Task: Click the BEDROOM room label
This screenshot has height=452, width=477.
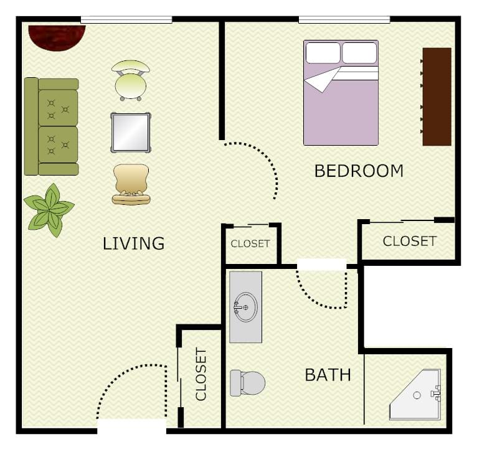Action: coord(359,171)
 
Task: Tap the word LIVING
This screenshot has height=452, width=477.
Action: coord(133,243)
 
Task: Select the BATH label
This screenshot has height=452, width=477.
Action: coord(328,375)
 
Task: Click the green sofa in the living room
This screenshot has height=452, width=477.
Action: coord(51,126)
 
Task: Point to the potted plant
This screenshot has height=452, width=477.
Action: coord(49,209)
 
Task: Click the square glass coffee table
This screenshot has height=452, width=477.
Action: coord(131,132)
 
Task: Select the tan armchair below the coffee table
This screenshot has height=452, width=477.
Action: coord(131,184)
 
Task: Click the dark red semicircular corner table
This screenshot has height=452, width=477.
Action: coord(56,36)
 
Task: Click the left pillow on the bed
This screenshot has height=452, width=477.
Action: coord(323,53)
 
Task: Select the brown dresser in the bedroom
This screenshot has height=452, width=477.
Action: coord(437,97)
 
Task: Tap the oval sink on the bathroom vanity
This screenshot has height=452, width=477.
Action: coord(245,307)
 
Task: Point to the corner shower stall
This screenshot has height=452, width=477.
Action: coord(415,395)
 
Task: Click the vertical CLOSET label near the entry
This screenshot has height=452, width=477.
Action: coord(201,374)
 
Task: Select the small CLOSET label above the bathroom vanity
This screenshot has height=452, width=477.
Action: coord(250,243)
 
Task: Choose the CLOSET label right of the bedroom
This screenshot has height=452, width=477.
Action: coord(409,241)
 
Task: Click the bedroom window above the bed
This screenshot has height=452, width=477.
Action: coord(344,20)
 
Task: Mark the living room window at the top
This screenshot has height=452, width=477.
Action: coord(126,20)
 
